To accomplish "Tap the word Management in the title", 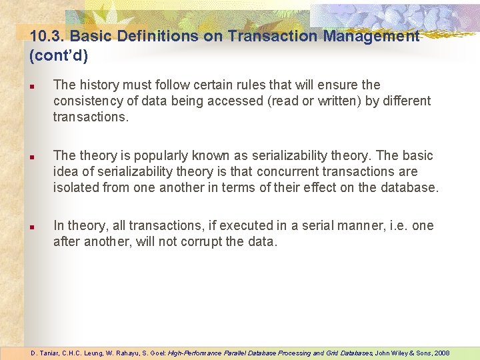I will coord(371,37).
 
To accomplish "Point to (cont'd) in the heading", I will coord(59,55).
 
